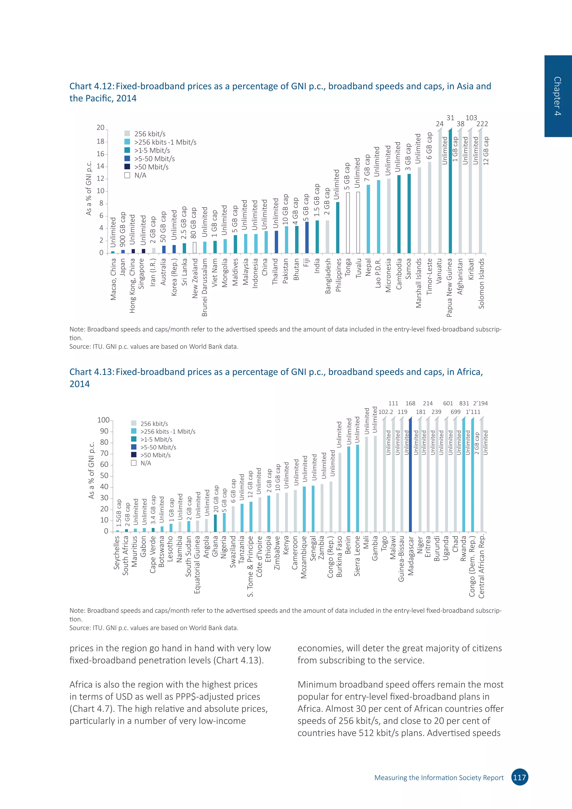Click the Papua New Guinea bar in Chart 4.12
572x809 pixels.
point(450,192)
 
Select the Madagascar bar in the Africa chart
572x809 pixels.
point(410,476)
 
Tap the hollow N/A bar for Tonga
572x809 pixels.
point(348,223)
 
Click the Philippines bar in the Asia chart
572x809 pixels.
point(338,228)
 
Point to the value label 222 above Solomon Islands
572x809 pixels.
point(482,124)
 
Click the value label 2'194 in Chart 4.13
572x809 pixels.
point(480,403)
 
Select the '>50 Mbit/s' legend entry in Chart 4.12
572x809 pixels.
point(147,167)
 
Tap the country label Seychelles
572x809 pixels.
point(116,553)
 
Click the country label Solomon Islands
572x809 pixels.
point(482,284)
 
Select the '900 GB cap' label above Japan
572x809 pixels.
point(123,229)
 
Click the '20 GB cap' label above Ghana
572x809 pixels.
point(216,500)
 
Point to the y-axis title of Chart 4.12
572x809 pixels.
point(89,188)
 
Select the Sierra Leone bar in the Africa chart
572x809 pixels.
point(357,488)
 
